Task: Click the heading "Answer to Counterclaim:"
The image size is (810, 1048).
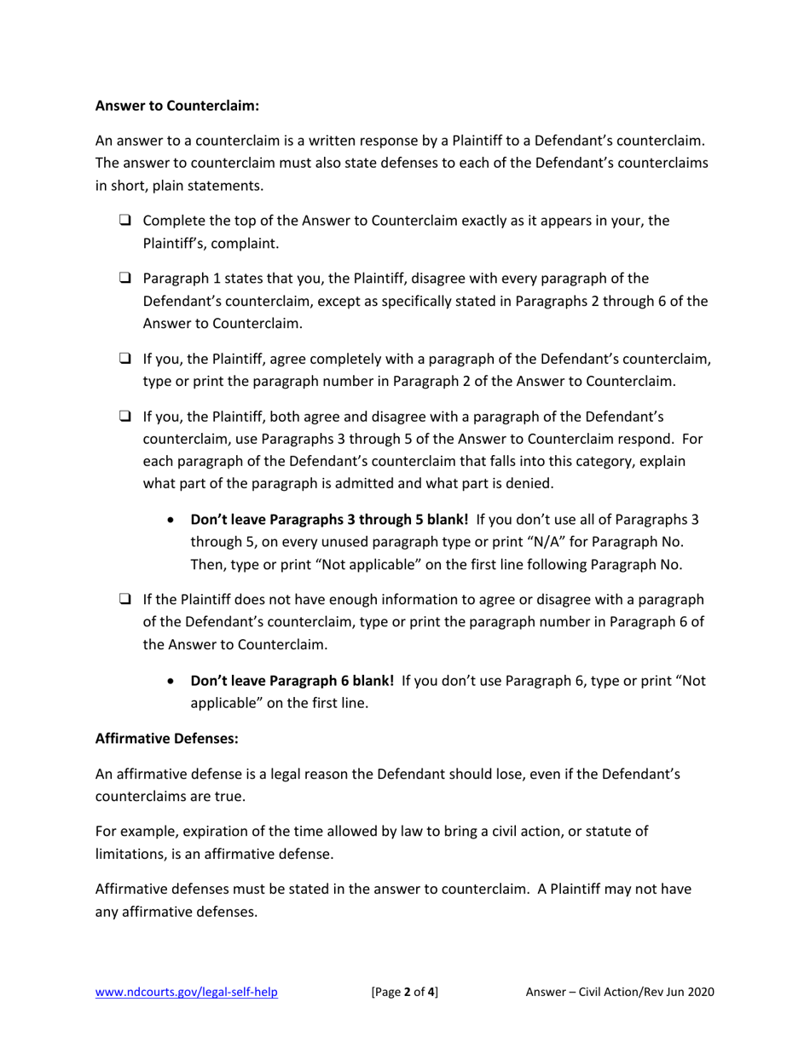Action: point(176,107)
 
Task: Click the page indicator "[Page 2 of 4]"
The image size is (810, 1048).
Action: point(405,992)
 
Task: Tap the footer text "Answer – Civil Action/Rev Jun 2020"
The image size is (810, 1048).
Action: point(620,992)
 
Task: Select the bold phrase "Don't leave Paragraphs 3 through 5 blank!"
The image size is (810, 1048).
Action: point(329,520)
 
